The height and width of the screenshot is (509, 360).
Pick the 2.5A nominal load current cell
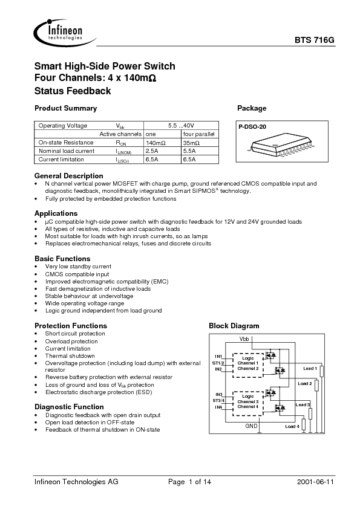[152, 151]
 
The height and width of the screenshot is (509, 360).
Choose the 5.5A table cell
[189, 151]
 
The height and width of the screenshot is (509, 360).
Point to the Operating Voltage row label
[63, 125]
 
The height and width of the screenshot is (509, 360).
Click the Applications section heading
[56, 213]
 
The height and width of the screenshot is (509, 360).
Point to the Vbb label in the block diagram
[244, 339]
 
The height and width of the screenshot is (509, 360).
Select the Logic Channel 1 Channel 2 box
[247, 363]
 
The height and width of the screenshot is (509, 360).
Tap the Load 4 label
[292, 427]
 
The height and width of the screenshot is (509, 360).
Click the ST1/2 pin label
[218, 363]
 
